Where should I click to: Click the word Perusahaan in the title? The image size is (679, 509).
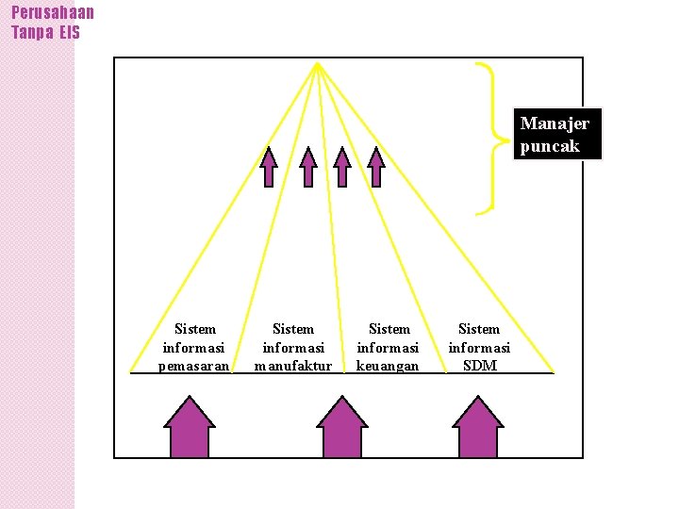[x=53, y=12]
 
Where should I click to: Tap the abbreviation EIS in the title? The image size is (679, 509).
[x=69, y=32]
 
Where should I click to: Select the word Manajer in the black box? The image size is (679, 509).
[x=555, y=123]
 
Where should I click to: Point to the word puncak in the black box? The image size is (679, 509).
[x=549, y=146]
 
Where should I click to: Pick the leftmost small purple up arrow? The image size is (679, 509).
[x=270, y=167]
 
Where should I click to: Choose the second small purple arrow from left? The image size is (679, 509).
[x=308, y=167]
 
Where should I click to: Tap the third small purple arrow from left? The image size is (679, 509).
[x=342, y=167]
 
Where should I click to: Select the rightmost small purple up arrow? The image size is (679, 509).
[x=376, y=167]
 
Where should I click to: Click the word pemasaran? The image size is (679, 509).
[x=194, y=366]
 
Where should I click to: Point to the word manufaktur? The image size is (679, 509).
[x=293, y=366]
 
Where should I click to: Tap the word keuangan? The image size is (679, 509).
[x=388, y=366]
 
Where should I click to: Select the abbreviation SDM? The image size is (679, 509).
[x=479, y=366]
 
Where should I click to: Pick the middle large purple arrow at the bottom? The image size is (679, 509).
[x=341, y=428]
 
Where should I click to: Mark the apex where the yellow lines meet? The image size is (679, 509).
[x=318, y=64]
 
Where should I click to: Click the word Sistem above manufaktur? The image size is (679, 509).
[x=293, y=329]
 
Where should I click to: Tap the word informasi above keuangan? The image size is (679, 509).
[x=388, y=348]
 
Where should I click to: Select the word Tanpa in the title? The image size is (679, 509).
[x=30, y=32]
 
